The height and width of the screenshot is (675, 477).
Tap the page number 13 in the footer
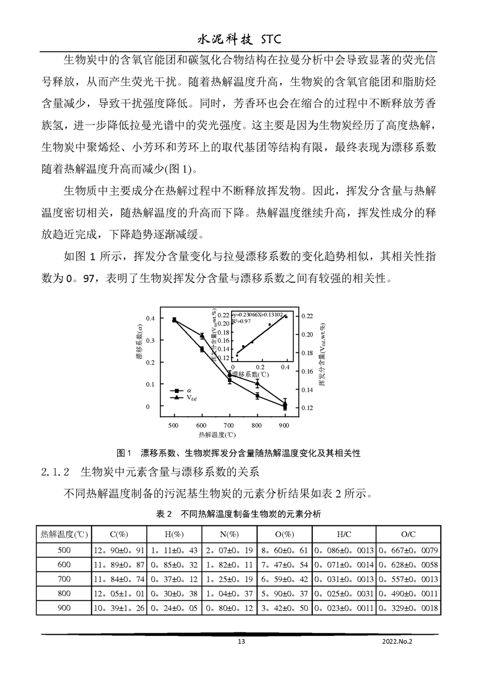click(x=241, y=641)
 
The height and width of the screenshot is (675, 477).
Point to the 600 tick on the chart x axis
click(x=202, y=425)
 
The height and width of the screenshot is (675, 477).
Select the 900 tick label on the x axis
click(x=285, y=425)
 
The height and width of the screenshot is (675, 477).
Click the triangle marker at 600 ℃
click(x=202, y=336)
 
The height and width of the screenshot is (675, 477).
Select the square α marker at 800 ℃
click(x=257, y=396)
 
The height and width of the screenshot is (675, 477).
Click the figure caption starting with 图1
click(x=239, y=452)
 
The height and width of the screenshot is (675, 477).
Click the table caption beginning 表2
click(x=239, y=514)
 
